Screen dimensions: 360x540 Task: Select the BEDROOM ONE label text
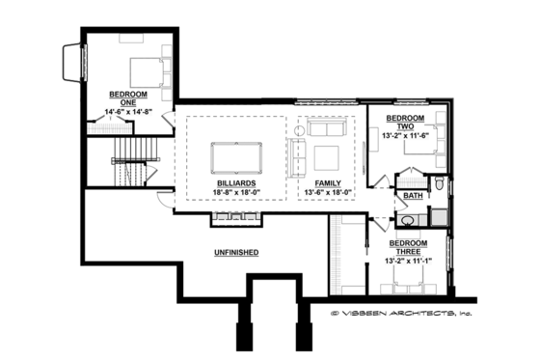pos(123,98)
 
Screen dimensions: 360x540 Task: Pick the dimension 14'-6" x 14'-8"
pos(123,113)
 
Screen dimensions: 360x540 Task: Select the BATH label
pos(413,196)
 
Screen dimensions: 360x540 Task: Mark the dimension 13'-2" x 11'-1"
pos(408,261)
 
